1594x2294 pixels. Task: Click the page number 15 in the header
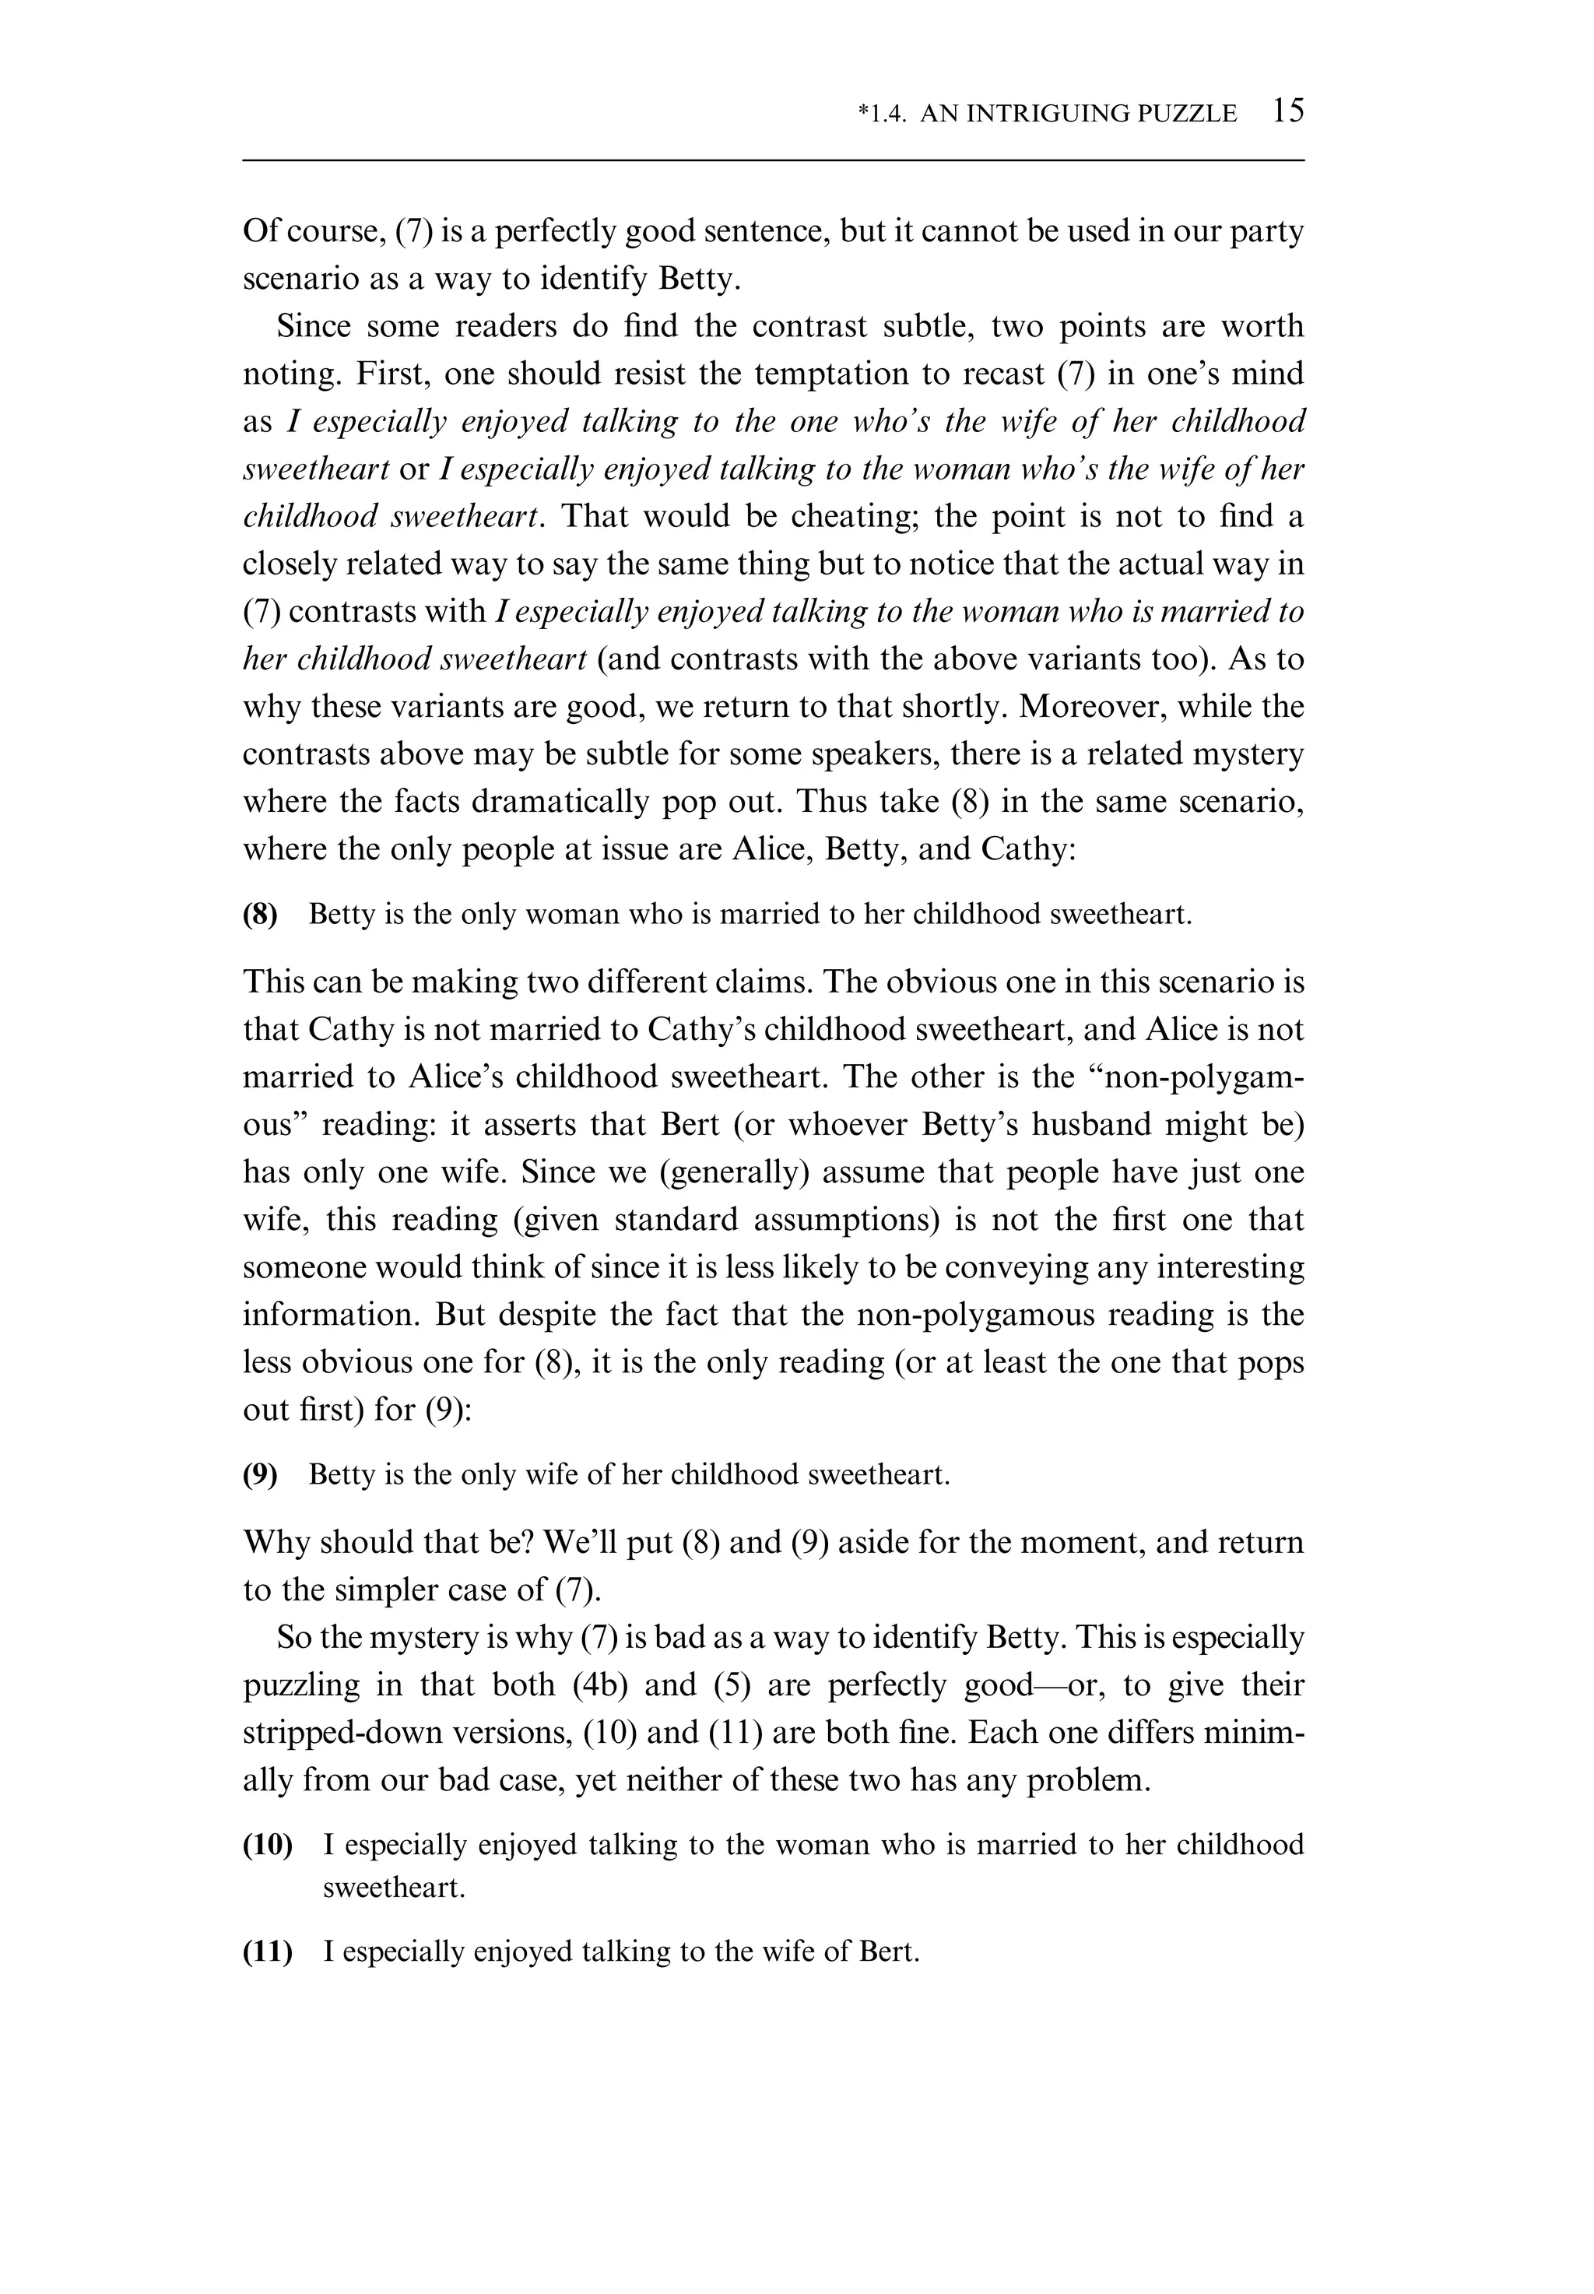tap(1288, 111)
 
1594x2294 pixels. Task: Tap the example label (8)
tap(261, 915)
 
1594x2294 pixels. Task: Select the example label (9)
tap(261, 1475)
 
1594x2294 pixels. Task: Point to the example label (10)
tap(268, 1845)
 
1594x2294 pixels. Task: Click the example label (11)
tap(268, 1951)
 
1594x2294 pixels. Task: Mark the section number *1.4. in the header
tap(882, 114)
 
